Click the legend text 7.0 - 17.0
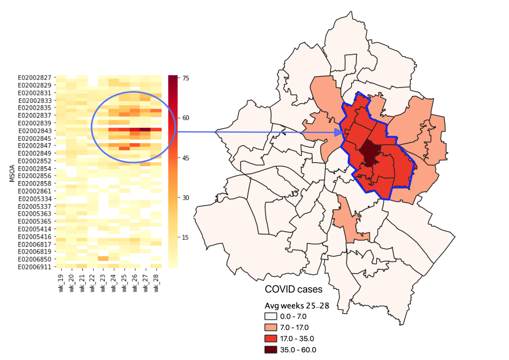(294, 327)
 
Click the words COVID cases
(294, 289)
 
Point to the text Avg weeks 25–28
(297, 306)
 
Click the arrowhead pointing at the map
(339, 132)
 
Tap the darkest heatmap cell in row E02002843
(145, 130)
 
